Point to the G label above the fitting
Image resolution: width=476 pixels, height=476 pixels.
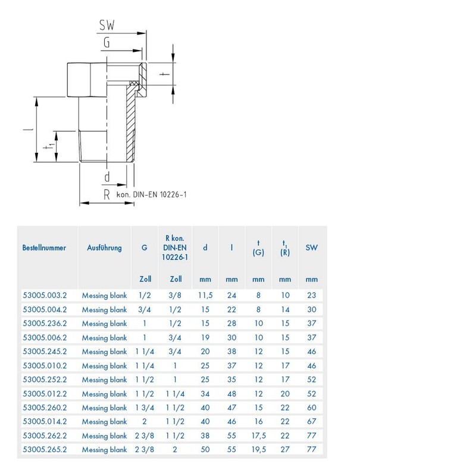107,42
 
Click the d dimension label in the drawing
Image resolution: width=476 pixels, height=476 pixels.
107,177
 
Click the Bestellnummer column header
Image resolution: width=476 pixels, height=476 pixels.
44,248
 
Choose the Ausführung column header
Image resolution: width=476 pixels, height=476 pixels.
104,248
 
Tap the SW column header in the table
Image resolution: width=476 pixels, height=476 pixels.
311,248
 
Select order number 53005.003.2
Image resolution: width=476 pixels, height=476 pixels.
45,295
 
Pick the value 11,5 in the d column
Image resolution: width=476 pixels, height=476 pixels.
205,295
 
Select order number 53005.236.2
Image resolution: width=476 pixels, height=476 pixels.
45,323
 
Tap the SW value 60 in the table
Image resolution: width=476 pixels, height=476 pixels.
311,408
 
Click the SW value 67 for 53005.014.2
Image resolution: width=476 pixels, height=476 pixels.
311,422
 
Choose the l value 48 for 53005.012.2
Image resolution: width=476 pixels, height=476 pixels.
231,394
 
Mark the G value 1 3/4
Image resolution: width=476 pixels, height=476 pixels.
145,408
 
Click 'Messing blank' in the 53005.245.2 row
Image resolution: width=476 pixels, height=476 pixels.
104,352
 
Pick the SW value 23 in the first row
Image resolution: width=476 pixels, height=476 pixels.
311,295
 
